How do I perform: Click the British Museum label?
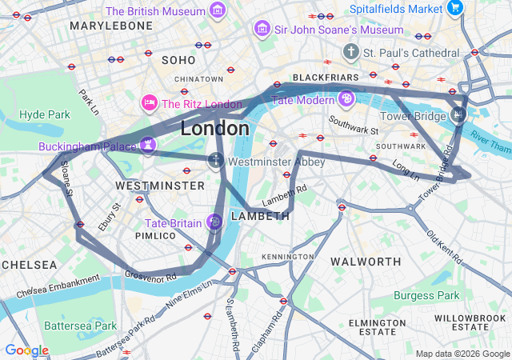click(x=155, y=11)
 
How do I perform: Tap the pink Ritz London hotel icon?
click(x=149, y=103)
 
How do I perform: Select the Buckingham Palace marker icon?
click(x=147, y=145)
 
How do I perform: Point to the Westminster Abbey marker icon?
click(x=216, y=161)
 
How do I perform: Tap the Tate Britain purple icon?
click(x=214, y=222)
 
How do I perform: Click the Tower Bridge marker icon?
click(x=458, y=114)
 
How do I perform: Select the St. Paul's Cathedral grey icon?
click(x=350, y=52)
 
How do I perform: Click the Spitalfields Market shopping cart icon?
click(x=455, y=8)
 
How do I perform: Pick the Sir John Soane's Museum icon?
click(x=261, y=30)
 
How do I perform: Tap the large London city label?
click(x=214, y=128)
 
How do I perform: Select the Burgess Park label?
click(x=426, y=295)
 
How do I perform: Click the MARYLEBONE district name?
click(x=111, y=26)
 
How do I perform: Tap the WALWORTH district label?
click(x=366, y=262)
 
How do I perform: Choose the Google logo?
click(x=26, y=350)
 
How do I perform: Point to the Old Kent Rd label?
click(x=443, y=248)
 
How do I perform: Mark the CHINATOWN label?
click(x=198, y=79)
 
